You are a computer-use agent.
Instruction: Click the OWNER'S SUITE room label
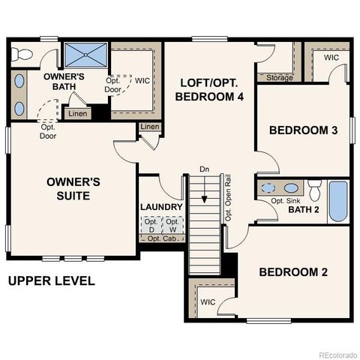pyautogui.click(x=68, y=188)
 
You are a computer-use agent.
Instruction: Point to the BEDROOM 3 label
pyautogui.click(x=303, y=130)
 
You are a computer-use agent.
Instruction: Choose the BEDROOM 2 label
pyautogui.click(x=293, y=271)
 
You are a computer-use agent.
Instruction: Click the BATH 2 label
pyautogui.click(x=304, y=209)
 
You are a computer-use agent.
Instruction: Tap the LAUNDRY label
pyautogui.click(x=161, y=207)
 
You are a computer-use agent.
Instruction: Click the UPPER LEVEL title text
pyautogui.click(x=51, y=281)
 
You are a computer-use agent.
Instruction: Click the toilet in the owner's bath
pyautogui.click(x=23, y=53)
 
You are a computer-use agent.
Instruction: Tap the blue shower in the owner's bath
pyautogui.click(x=85, y=55)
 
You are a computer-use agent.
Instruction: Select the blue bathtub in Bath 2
pyautogui.click(x=338, y=201)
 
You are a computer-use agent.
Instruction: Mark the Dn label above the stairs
pyautogui.click(x=204, y=169)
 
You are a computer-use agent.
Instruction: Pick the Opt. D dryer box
pyautogui.click(x=151, y=225)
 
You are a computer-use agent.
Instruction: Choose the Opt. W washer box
pyautogui.click(x=172, y=225)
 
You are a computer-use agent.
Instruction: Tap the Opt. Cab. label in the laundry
pyautogui.click(x=160, y=238)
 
